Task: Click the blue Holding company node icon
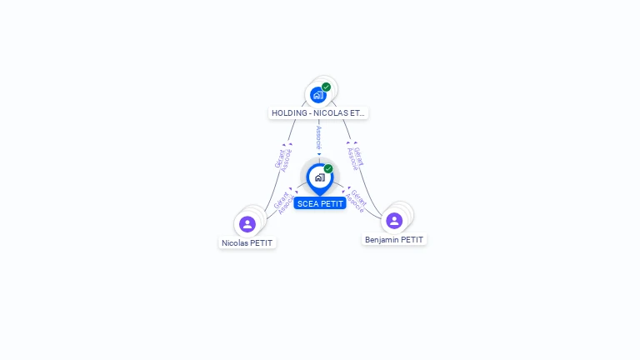[317, 94]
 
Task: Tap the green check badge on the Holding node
[326, 87]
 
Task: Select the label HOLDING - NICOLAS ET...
[318, 112]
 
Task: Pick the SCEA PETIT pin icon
[319, 177]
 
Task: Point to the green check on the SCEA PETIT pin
[328, 168]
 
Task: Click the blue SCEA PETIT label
[320, 203]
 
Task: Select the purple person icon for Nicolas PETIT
[247, 224]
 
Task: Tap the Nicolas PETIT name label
[247, 243]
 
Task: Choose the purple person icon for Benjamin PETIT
[394, 221]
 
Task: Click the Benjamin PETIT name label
[394, 240]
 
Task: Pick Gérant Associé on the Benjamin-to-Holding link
[356, 157]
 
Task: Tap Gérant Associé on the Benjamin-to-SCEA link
[357, 201]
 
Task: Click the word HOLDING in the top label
[289, 112]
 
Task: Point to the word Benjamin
[382, 240]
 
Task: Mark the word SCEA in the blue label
[307, 203]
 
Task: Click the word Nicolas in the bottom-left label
[235, 243]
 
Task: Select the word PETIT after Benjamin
[412, 240]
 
